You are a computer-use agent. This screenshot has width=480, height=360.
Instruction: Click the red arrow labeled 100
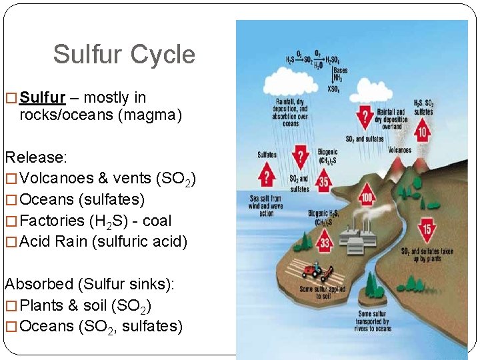[367, 196]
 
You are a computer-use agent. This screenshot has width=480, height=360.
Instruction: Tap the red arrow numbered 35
[323, 180]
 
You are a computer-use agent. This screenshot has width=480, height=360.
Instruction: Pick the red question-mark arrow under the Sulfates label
[267, 176]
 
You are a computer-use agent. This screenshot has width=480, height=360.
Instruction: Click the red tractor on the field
[313, 271]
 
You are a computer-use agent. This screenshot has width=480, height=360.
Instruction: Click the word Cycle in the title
[163, 55]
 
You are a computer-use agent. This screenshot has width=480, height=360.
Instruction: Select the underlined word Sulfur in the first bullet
[43, 97]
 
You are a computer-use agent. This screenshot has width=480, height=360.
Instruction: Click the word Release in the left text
[35, 157]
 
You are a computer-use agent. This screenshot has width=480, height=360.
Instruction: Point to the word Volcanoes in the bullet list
[56, 179]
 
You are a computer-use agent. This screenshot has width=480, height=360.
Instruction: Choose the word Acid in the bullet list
[35, 241]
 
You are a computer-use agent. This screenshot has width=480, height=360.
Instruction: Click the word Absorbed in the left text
[39, 284]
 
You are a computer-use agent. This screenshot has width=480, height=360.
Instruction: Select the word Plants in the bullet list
[41, 305]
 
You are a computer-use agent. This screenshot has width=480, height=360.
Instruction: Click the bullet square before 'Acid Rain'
[11, 242]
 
